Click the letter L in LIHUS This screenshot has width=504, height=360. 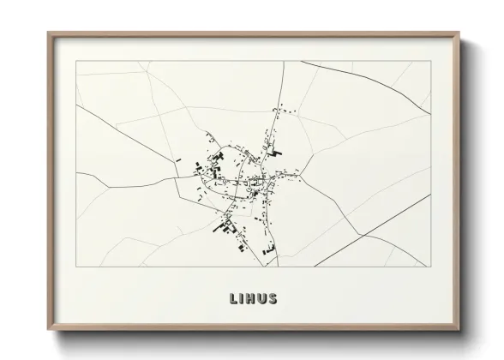coord(232,299)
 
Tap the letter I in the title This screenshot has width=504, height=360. coord(242,299)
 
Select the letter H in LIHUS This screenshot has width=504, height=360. coord(251,299)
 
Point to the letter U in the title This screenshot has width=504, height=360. coord(262,299)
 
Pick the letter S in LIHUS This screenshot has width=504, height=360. coord(273,299)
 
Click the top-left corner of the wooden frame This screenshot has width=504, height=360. coord(48,33)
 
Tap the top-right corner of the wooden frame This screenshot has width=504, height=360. coord(459,33)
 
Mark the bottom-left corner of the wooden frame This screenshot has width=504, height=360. coord(48,331)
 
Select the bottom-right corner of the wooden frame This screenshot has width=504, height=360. coord(459,331)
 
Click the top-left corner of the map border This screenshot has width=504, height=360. coord(76,62)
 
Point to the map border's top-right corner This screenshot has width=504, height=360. coord(430,62)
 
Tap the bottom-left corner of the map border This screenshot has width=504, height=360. coord(76,267)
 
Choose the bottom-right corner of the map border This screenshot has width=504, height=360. coord(430,267)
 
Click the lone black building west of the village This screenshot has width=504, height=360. coord(178,159)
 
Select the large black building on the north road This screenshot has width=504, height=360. coord(276,151)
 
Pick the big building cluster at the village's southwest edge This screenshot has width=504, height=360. coord(228,226)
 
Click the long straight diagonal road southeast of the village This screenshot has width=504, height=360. coord(377,228)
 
